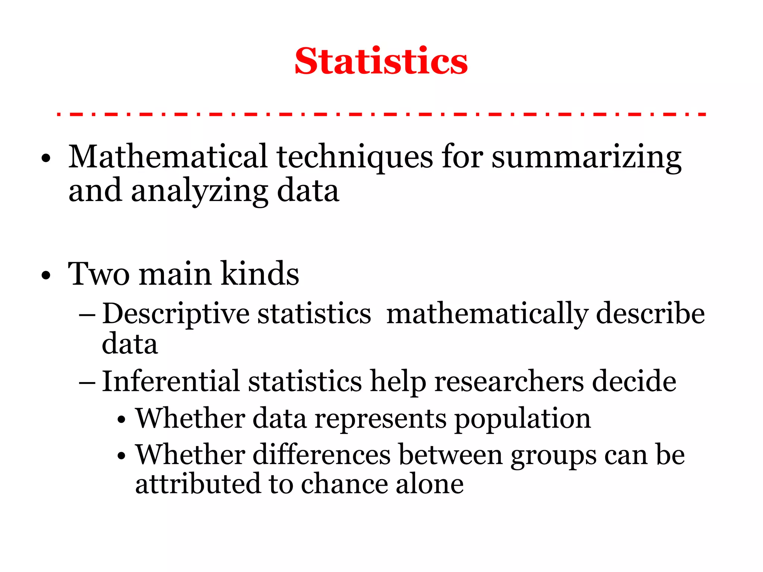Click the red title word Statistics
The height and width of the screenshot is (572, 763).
(x=381, y=61)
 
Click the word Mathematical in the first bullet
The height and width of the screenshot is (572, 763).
(x=168, y=156)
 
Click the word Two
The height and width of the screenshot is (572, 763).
(x=99, y=274)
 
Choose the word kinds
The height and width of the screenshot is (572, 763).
(x=260, y=273)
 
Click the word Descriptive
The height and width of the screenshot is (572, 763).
(x=175, y=314)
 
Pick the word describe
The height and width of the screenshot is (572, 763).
(x=650, y=314)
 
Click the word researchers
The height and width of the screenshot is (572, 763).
(x=509, y=382)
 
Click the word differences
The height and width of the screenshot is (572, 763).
(x=322, y=455)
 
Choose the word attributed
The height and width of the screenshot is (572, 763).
(x=197, y=484)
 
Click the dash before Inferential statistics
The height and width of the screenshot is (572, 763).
(x=88, y=382)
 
